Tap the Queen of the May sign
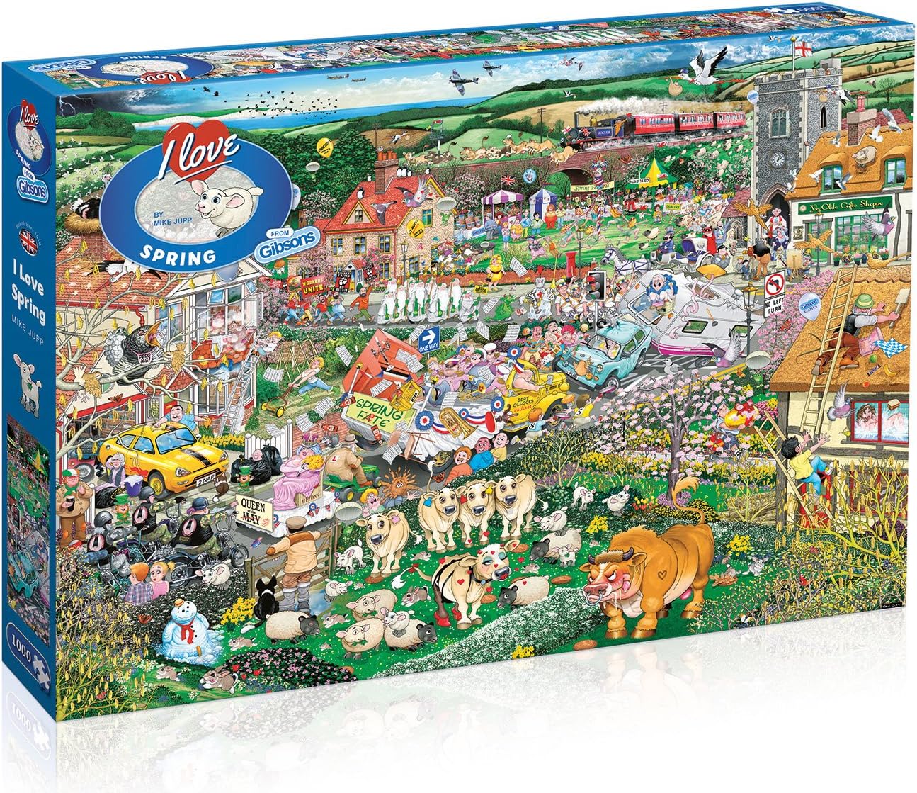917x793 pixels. [258, 509]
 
